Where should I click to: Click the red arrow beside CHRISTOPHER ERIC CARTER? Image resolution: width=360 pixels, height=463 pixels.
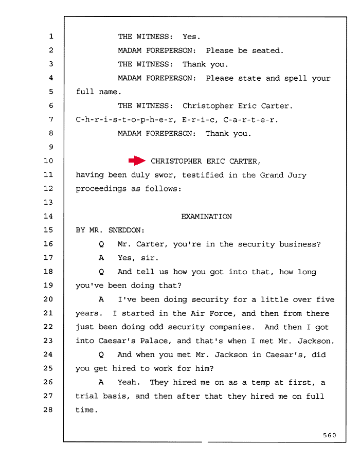click(137, 161)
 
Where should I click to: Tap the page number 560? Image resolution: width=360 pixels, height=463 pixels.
click(329, 435)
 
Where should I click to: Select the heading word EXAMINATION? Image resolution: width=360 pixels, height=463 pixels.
click(206, 217)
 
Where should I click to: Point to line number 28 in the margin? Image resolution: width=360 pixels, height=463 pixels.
click(48, 409)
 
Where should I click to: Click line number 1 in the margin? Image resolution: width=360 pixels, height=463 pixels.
click(51, 37)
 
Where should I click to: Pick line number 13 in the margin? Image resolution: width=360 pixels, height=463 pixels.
click(48, 202)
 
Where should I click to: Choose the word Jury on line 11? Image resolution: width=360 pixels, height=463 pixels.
click(297, 175)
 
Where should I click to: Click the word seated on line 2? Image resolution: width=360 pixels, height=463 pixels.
click(266, 50)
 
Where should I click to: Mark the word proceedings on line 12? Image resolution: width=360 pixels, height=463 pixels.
click(101, 189)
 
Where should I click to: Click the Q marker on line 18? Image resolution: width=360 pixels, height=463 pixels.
click(101, 272)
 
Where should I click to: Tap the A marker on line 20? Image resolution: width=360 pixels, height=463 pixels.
click(101, 299)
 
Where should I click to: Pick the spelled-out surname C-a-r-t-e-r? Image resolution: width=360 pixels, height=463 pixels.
click(249, 120)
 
